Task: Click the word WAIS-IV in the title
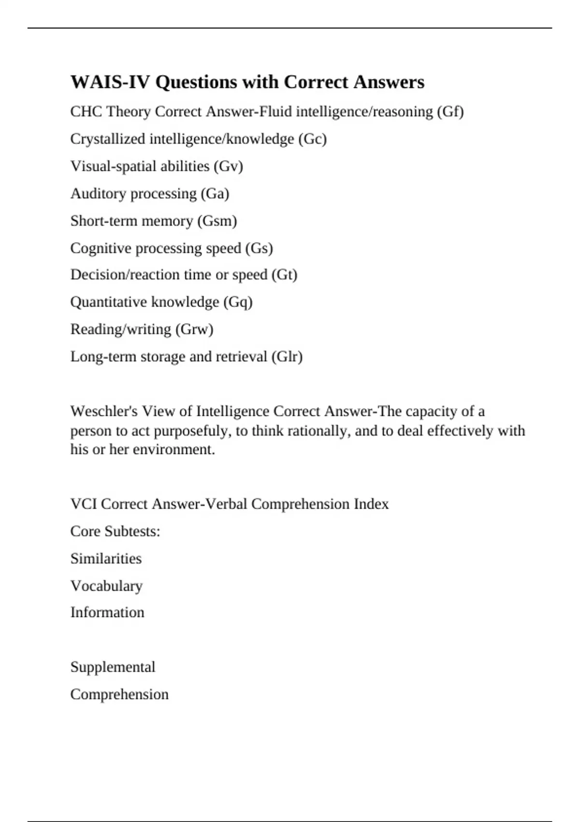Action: click(x=111, y=82)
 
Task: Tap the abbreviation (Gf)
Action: click(x=450, y=112)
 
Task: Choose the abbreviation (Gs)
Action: click(x=259, y=248)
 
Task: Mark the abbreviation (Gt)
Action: click(x=284, y=275)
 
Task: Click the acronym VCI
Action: click(x=84, y=504)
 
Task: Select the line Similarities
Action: click(x=106, y=558)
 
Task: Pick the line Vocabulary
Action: click(x=106, y=586)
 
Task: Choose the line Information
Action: click(x=107, y=613)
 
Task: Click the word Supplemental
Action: click(x=113, y=667)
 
